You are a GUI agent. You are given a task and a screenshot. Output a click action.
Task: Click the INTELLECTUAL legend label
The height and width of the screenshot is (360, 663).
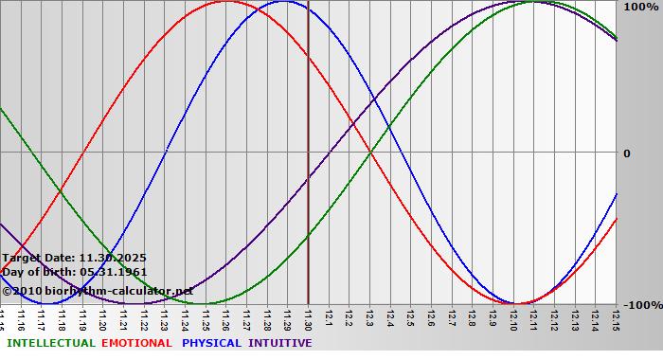pyautogui.click(x=50, y=343)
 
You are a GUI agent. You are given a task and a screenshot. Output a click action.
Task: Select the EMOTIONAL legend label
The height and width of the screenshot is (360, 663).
pyautogui.click(x=136, y=343)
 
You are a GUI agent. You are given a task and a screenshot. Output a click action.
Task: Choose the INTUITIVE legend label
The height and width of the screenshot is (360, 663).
pyautogui.click(x=280, y=343)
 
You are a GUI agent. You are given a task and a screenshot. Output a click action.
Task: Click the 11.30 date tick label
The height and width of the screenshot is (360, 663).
pyautogui.click(x=309, y=317)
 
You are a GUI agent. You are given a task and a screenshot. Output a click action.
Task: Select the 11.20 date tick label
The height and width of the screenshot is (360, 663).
pyautogui.click(x=103, y=317)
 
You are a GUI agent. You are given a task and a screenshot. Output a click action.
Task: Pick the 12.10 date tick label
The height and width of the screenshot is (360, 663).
pyautogui.click(x=513, y=317)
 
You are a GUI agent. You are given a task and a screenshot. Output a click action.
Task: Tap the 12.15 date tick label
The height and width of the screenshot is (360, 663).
pyautogui.click(x=616, y=317)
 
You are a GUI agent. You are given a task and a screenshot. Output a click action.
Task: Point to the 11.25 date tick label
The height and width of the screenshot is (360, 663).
pyautogui.click(x=206, y=317)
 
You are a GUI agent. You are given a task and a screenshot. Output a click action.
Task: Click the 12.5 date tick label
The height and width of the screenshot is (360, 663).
pyautogui.click(x=411, y=317)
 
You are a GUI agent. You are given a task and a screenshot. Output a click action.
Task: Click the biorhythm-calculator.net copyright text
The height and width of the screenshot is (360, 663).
pyautogui.click(x=104, y=290)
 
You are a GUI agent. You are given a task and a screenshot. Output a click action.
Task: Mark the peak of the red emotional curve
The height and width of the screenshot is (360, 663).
pyautogui.click(x=226, y=1)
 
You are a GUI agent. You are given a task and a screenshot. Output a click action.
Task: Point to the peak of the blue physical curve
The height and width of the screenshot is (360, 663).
pyautogui.click(x=283, y=1)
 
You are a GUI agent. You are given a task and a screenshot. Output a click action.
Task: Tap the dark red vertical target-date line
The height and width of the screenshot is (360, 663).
pyautogui.click(x=308, y=189)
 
